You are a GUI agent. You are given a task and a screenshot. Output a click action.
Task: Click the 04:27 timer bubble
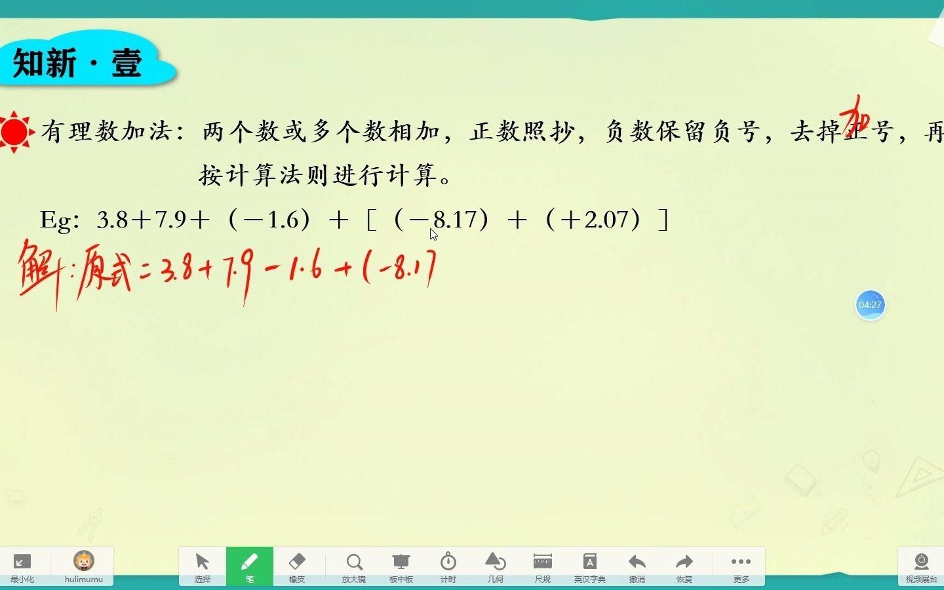(x=870, y=305)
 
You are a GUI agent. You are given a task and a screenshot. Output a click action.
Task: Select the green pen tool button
(x=250, y=566)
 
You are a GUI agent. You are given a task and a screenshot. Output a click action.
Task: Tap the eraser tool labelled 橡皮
(x=297, y=566)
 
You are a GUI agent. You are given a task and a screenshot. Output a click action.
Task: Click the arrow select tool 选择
(x=202, y=566)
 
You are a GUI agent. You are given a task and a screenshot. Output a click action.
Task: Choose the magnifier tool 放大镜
(x=354, y=566)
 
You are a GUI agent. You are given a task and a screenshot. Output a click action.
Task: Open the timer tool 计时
(x=448, y=566)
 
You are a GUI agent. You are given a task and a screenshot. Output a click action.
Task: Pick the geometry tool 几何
(x=496, y=566)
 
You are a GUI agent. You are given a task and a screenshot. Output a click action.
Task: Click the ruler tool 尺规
(x=543, y=566)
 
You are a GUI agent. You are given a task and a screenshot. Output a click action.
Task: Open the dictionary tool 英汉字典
(x=590, y=566)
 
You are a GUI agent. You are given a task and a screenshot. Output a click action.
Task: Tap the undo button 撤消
(x=637, y=566)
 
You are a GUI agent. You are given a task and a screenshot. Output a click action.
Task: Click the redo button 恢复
(x=684, y=566)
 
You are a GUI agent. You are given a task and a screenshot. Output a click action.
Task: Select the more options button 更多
(x=741, y=566)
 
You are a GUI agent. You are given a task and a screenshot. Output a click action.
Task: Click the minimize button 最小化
(x=22, y=566)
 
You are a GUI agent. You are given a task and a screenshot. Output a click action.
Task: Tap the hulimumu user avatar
(x=84, y=562)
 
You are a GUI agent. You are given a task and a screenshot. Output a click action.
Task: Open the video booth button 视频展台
(x=921, y=566)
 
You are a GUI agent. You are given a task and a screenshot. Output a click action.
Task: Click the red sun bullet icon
(x=14, y=132)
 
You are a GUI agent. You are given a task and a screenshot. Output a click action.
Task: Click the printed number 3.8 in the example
(x=112, y=220)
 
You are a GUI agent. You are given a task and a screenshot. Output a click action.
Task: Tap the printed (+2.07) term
(x=593, y=219)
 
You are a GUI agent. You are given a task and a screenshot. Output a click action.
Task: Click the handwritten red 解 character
(x=38, y=269)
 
